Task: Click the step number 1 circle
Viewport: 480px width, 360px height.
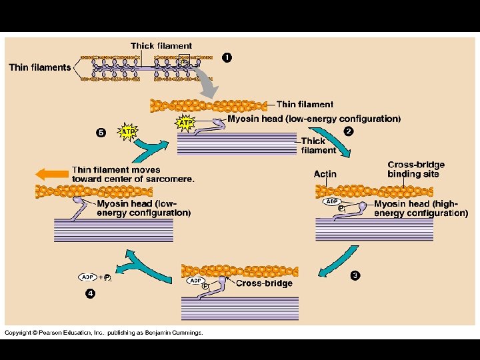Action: (227, 57)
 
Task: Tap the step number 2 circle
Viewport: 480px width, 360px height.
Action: (348, 131)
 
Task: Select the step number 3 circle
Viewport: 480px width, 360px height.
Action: (355, 275)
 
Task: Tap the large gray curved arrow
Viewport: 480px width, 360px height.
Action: (207, 83)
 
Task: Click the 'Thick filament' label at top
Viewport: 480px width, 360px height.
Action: (161, 46)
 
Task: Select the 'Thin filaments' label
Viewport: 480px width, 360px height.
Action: (39, 67)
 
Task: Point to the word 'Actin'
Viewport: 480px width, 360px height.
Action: (325, 174)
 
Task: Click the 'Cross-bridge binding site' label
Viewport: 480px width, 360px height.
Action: (415, 169)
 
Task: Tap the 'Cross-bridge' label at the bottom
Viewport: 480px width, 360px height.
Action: (264, 283)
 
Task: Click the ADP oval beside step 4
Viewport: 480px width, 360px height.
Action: (87, 277)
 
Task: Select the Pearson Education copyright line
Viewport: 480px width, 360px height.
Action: (104, 333)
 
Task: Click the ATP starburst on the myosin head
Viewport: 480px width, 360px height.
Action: (185, 123)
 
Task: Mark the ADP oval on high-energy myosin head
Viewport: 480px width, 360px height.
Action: (331, 201)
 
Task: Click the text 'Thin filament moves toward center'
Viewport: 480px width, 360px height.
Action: (133, 175)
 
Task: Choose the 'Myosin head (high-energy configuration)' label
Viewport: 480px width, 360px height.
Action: (421, 209)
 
